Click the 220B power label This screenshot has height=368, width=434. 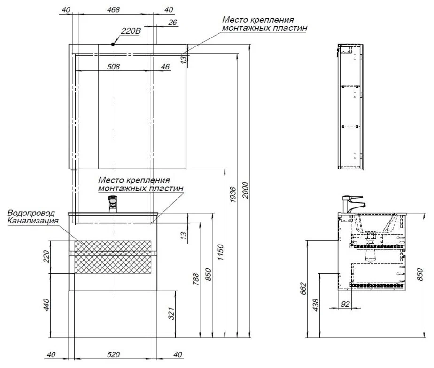[x=131, y=31]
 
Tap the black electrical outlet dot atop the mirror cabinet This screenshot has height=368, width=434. [x=113, y=44]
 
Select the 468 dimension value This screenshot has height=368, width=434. [x=114, y=10]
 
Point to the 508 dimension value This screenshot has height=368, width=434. [x=114, y=67]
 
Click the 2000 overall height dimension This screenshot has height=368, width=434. [x=246, y=190]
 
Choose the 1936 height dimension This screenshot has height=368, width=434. [x=233, y=195]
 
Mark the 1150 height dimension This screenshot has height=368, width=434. [x=220, y=252]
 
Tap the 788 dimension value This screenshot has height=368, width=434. [x=196, y=279]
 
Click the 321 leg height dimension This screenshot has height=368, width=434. [x=171, y=314]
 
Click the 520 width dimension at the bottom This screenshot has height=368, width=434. [x=114, y=354]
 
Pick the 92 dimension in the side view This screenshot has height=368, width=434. [x=345, y=304]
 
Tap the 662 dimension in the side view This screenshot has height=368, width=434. [x=303, y=288]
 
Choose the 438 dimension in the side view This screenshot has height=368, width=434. [x=316, y=305]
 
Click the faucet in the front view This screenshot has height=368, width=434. [x=113, y=204]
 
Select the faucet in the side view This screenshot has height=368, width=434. [x=352, y=204]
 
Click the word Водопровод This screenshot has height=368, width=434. [x=31, y=213]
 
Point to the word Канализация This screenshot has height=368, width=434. [x=33, y=221]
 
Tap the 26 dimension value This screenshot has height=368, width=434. [x=172, y=23]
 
